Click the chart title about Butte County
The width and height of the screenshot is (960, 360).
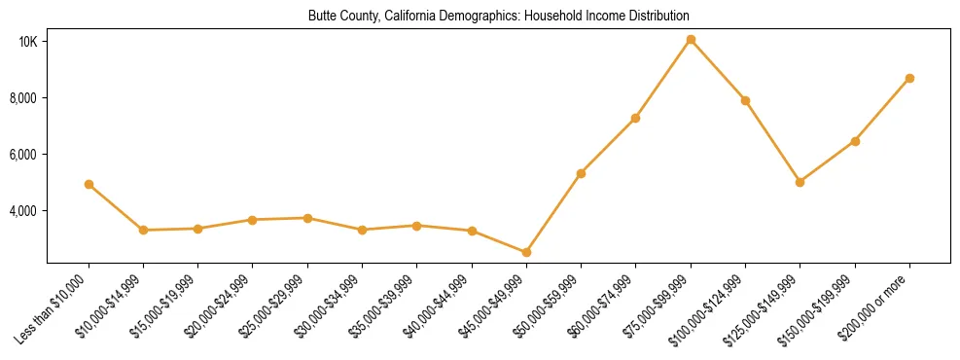click(498, 17)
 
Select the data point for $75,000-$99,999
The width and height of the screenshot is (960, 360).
click(691, 40)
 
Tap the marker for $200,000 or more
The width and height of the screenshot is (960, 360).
click(909, 78)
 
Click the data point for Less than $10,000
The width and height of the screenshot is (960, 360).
click(89, 184)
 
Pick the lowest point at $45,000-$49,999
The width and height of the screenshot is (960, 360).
click(526, 252)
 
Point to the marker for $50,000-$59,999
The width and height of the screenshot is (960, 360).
click(581, 173)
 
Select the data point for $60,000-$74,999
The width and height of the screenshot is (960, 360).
click(635, 118)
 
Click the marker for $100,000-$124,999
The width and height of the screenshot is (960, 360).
click(745, 100)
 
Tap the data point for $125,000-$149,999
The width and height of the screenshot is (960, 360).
click(800, 182)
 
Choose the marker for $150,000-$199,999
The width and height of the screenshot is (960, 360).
click(855, 141)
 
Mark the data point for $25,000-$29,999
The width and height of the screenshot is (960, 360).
click(307, 218)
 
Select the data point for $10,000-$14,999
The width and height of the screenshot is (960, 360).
click(143, 230)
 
